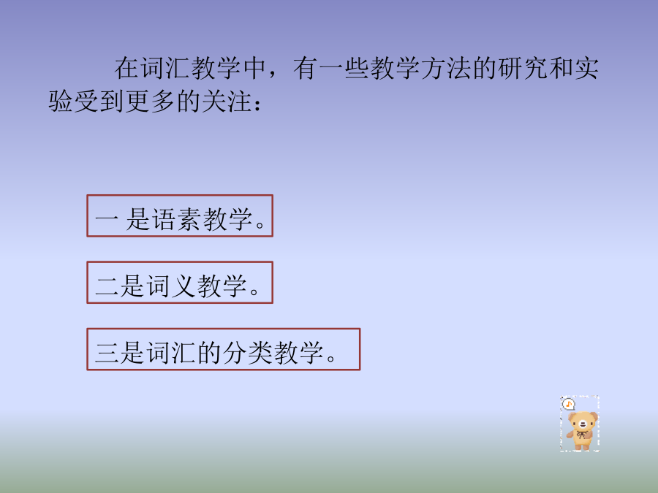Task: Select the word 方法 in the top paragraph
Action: point(447,68)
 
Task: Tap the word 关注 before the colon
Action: point(227,102)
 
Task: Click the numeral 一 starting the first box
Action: point(106,219)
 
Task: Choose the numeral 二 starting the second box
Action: point(107,286)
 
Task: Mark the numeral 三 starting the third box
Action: point(107,353)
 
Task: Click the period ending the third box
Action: point(331,359)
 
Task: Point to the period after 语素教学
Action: point(260,225)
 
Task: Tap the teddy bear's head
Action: point(583,421)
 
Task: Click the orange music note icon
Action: point(568,404)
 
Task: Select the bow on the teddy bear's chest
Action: point(581,435)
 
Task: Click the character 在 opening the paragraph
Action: point(126,68)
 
